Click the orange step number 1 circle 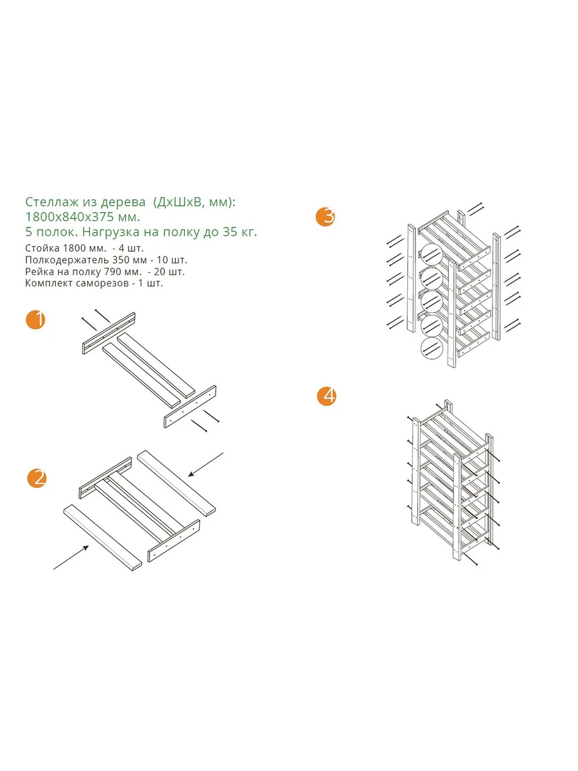[x=35, y=319]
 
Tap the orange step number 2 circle [x=37, y=478]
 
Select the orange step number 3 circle [x=326, y=217]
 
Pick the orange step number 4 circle [x=327, y=396]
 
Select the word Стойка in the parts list [x=42, y=249]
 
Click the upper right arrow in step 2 [x=206, y=465]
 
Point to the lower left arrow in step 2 [x=71, y=557]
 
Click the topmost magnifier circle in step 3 [x=431, y=254]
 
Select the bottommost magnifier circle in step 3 [x=431, y=348]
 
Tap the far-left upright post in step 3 [x=411, y=278]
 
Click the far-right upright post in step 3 [x=496, y=287]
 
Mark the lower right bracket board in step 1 [x=190, y=407]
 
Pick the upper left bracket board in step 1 [x=109, y=333]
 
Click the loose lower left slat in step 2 [x=103, y=538]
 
